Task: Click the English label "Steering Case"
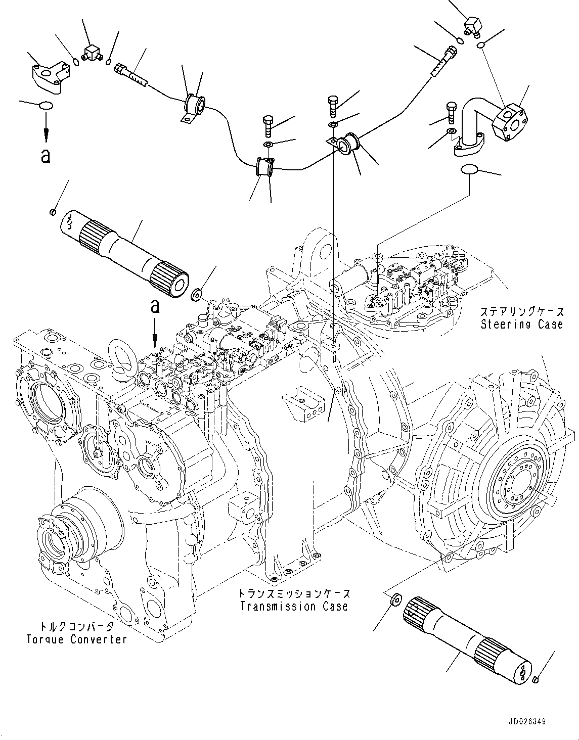521,324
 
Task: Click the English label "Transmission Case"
294,606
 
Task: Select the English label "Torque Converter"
76,639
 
